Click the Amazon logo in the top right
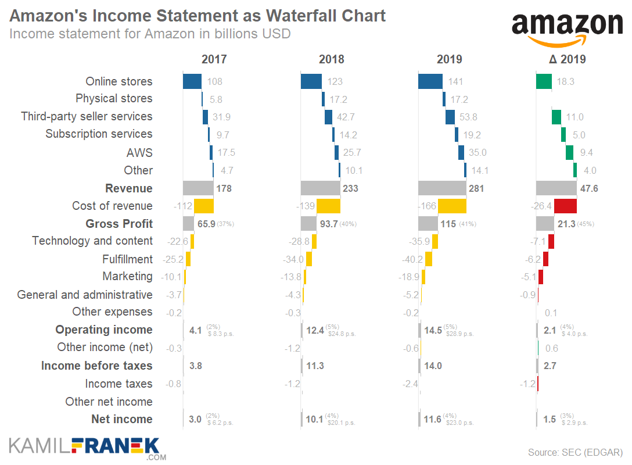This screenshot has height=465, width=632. (566, 28)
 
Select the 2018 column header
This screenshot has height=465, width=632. (331, 59)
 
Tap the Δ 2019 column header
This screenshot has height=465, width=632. (567, 59)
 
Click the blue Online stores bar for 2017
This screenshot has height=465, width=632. (192, 81)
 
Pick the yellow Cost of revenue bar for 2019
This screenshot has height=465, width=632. (452, 206)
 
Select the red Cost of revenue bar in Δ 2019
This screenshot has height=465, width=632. (565, 206)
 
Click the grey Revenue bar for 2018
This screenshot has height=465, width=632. (320, 188)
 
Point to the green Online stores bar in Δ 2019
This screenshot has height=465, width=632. (544, 81)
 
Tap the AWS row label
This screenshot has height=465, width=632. (139, 152)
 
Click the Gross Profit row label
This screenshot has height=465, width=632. (119, 224)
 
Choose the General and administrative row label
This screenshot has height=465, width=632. (85, 295)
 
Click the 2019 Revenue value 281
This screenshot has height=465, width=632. (476, 188)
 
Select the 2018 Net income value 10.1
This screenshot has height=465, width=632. (314, 420)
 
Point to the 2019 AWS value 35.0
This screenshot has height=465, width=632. (476, 152)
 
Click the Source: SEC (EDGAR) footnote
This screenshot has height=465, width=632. (574, 452)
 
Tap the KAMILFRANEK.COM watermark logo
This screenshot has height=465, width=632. (84, 447)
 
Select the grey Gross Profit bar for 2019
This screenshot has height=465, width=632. (428, 224)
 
